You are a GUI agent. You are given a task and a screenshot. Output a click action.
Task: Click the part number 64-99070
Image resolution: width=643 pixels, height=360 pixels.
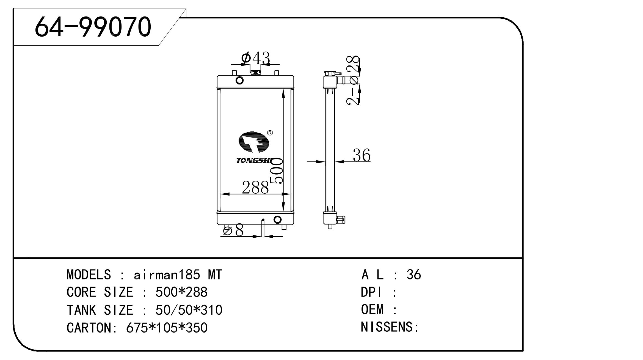tap(93, 27)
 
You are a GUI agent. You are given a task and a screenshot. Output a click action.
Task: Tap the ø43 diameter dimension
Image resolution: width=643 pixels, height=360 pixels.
tap(255, 58)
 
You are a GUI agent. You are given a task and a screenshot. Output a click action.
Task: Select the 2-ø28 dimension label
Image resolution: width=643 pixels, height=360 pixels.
tap(353, 80)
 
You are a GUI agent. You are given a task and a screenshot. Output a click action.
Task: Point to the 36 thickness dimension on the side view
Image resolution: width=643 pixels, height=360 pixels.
tap(361, 155)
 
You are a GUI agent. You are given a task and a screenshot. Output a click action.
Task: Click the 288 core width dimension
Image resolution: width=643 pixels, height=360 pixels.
tap(255, 188)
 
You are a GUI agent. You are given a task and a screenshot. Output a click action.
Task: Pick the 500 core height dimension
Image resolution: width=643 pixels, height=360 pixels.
tap(276, 171)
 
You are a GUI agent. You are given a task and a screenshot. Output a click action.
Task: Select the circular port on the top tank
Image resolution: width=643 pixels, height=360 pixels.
tap(240, 81)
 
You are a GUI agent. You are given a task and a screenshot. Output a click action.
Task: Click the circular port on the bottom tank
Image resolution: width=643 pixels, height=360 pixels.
tap(278, 219)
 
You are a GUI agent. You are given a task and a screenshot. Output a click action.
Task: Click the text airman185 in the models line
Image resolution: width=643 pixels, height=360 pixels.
tap(167, 275)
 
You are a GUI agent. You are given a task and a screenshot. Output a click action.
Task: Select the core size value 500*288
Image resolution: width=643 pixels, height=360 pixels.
tap(181, 292)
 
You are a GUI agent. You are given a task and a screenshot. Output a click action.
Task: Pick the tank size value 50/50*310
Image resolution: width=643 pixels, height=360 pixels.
tap(189, 310)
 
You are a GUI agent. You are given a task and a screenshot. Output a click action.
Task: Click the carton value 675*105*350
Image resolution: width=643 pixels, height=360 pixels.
tap(167, 328)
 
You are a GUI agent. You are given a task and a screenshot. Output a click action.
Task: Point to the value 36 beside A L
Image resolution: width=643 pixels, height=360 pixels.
tap(414, 274)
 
